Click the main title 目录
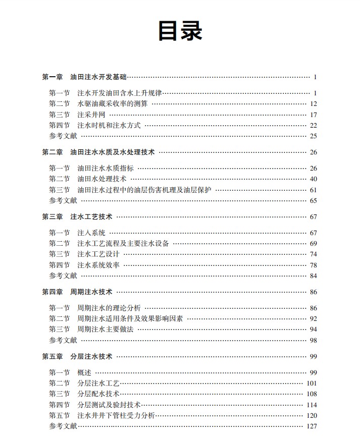(x=180, y=31)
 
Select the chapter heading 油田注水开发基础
(x=98, y=77)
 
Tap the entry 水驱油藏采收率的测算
(x=113, y=104)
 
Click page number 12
(x=313, y=104)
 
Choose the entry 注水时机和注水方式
(x=109, y=125)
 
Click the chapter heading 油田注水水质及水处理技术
(x=113, y=152)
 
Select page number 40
(x=313, y=179)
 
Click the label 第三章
(x=52, y=216)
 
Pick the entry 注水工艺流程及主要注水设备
(x=123, y=243)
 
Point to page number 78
(x=313, y=265)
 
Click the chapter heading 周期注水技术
(x=91, y=292)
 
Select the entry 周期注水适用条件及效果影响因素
(x=130, y=318)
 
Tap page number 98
(x=313, y=340)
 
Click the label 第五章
(x=52, y=356)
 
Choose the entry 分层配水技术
(x=98, y=394)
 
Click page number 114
(x=312, y=405)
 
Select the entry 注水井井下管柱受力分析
(x=116, y=415)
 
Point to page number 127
(x=312, y=426)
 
